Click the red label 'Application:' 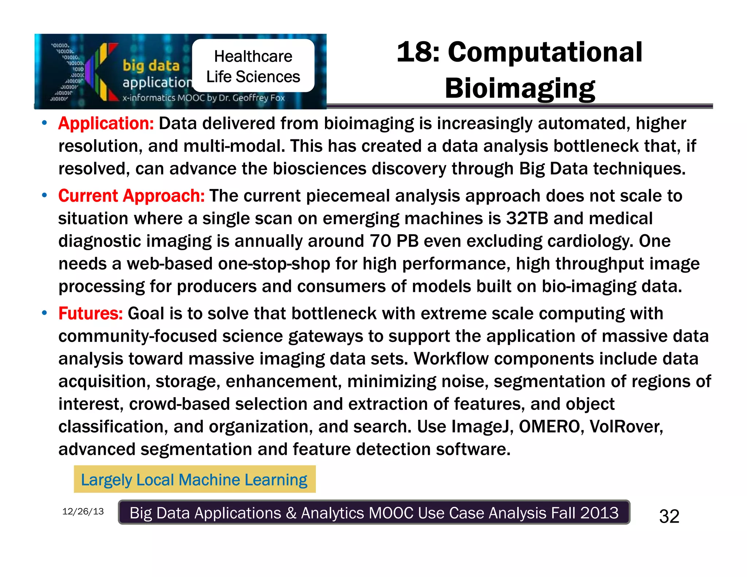click(106, 124)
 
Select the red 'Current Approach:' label click(131, 196)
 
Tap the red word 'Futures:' click(90, 314)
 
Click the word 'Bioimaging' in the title click(520, 88)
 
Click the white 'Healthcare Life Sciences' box click(253, 66)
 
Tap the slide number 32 click(669, 516)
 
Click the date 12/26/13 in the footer click(83, 511)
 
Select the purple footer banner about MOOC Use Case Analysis click(374, 513)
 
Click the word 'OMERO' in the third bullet click(549, 426)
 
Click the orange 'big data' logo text click(151, 66)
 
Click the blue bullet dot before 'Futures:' click(44, 313)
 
